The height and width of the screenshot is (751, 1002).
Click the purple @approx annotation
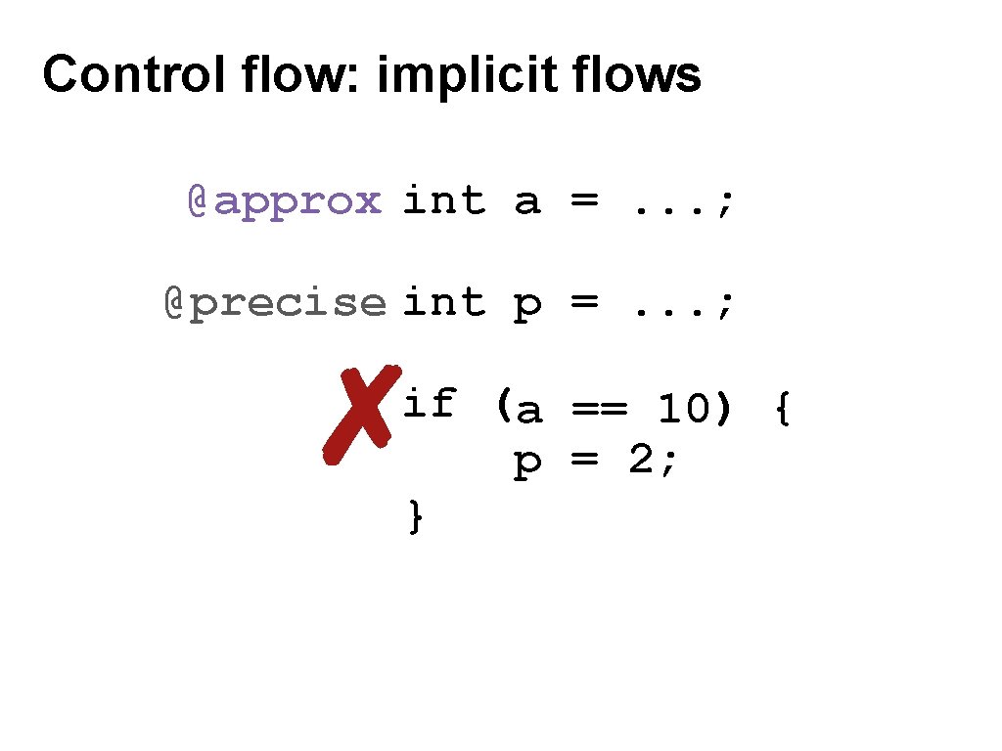coord(284,201)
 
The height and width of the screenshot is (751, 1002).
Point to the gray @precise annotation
coord(275,303)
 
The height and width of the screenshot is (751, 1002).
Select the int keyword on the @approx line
coord(443,201)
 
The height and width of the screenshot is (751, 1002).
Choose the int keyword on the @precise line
coord(443,302)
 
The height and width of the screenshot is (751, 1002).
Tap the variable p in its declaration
coord(527,306)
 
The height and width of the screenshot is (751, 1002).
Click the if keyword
coord(430,402)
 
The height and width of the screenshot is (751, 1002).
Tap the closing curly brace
coord(416,515)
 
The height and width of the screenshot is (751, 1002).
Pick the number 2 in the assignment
coord(640,461)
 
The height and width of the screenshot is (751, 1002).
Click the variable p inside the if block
coord(527,464)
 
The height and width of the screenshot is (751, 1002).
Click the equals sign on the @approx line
coord(584,202)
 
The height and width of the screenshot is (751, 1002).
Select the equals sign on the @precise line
coord(584,303)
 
